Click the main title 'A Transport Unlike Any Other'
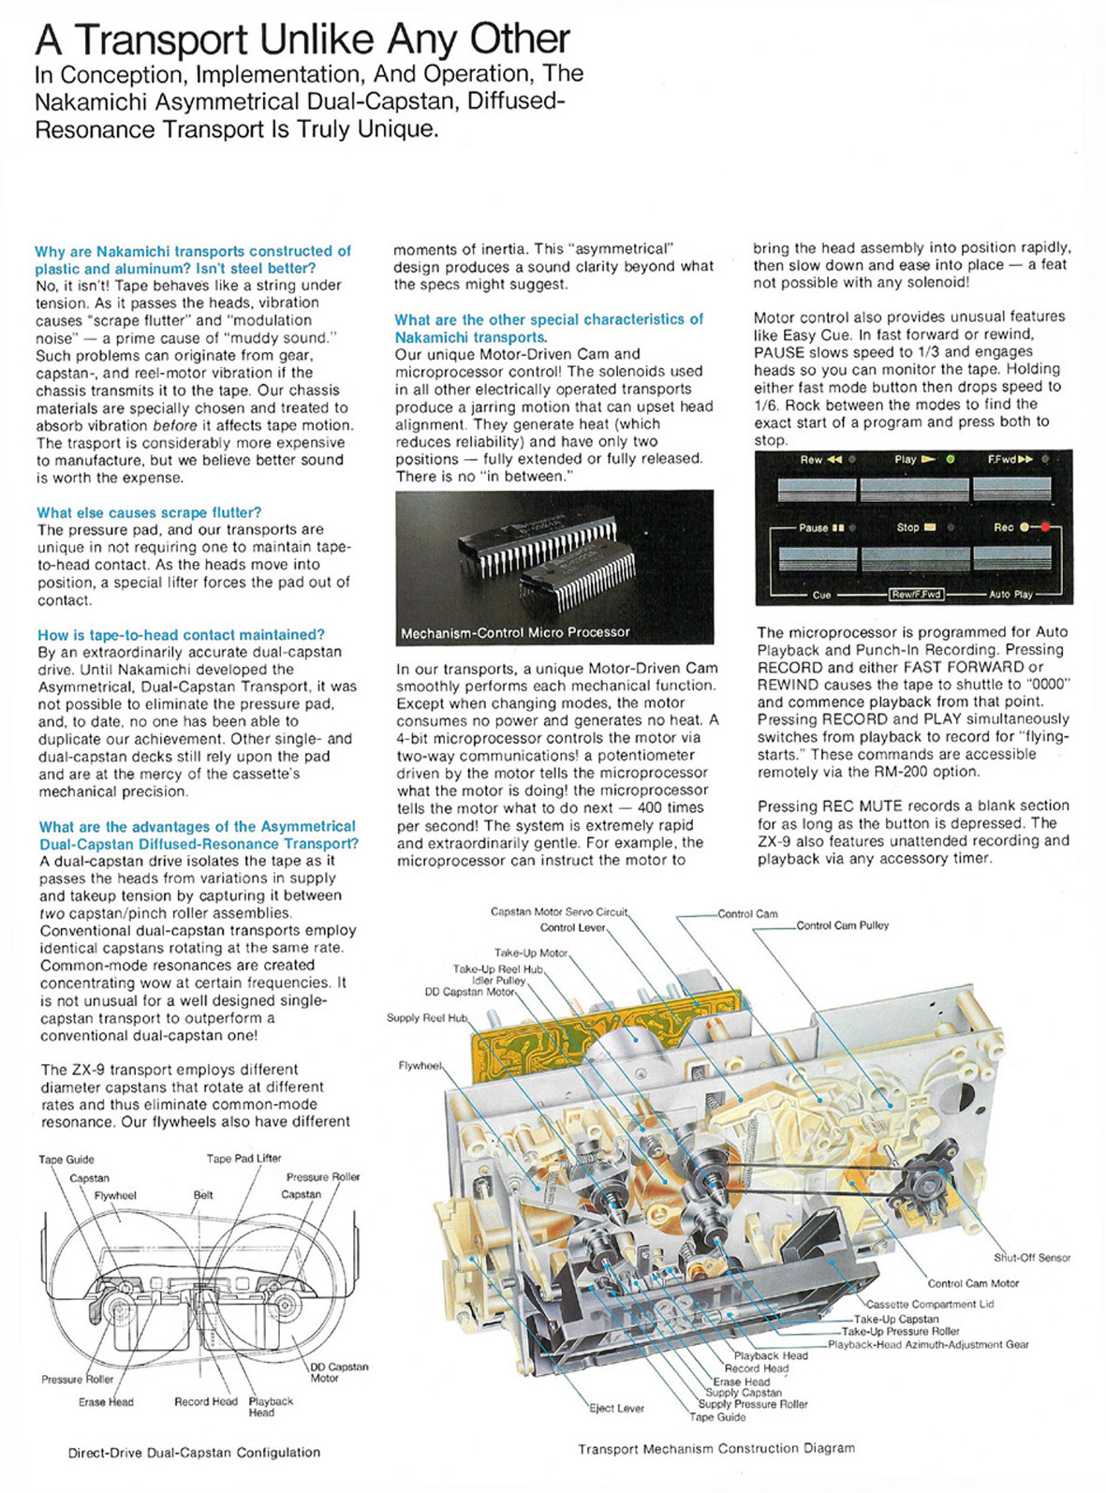302,39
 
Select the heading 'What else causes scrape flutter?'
149,512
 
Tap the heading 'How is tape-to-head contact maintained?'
181,635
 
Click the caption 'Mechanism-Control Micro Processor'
515,633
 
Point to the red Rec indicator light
1046,527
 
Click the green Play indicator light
950,460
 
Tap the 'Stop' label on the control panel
907,527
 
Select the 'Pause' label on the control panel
813,528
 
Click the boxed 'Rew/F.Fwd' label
915,595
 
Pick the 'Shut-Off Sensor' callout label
1031,1258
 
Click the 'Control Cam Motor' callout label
973,1283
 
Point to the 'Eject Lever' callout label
616,1408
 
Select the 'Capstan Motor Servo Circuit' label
558,911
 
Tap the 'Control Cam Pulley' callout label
842,925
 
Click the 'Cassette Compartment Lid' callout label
930,1304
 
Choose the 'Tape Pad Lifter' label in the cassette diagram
243,1159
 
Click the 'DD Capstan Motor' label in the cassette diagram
338,1372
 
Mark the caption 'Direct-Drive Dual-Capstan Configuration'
194,1453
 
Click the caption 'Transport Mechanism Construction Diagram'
715,1448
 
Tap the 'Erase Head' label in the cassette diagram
106,1402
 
